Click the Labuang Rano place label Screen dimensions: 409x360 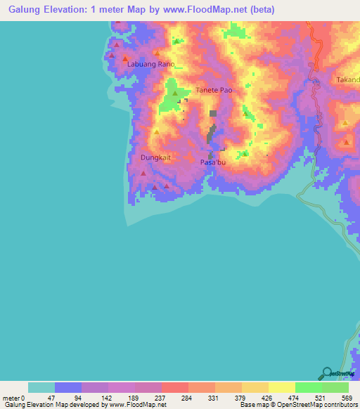pos(150,64)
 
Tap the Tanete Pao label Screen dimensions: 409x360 pos(214,91)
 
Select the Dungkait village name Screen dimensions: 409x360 pos(155,157)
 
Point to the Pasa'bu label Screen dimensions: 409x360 pos(214,162)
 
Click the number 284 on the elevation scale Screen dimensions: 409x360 pos(186,397)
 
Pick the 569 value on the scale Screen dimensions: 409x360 pos(347,397)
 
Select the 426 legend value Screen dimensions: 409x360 pos(266,397)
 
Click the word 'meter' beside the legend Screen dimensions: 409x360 pos(9,397)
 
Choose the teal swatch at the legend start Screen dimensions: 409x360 pos(41,387)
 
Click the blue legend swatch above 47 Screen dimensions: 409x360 pos(68,387)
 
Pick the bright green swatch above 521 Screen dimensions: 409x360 pos(309,387)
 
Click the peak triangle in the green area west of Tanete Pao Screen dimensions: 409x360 pos(174,93)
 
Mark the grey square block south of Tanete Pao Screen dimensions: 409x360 pos(213,112)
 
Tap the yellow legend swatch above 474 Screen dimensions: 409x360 pos(282,387)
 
